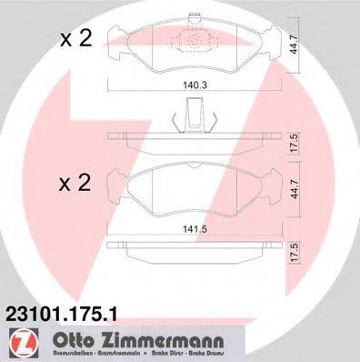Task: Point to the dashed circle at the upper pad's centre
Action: click(194, 41)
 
